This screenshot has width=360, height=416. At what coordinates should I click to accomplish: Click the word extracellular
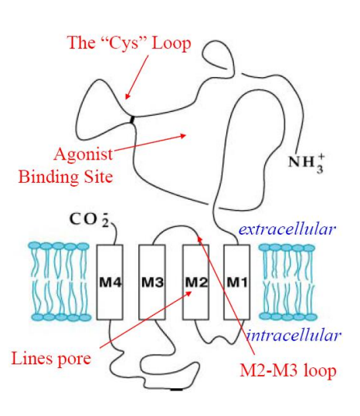point(287,228)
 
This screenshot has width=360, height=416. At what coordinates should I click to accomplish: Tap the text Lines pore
point(52,358)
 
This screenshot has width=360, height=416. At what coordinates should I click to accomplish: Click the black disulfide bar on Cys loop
point(132,119)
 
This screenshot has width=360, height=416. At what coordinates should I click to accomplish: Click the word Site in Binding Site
point(97,177)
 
